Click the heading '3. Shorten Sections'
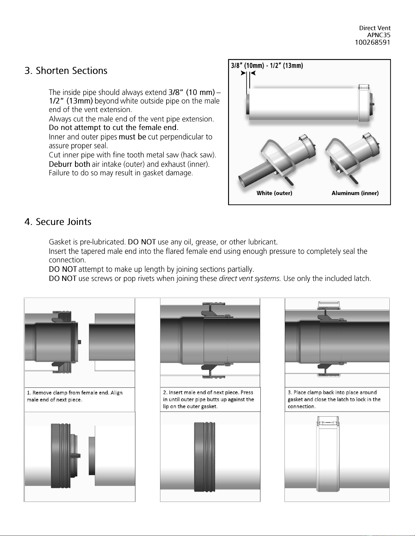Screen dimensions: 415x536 coord(66,71)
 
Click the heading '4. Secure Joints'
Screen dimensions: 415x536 coord(58,222)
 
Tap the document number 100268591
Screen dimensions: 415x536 coord(373,42)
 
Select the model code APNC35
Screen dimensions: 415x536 coord(379,35)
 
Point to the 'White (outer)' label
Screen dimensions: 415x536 coord(274,193)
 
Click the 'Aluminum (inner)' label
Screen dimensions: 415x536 coord(355,193)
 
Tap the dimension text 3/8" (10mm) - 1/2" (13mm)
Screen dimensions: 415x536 coord(267,65)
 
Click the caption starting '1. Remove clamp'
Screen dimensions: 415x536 coord(75,396)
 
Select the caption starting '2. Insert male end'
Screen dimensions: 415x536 coord(209,399)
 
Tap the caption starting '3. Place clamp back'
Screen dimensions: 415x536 coord(334,399)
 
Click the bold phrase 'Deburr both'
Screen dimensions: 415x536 coord(70,164)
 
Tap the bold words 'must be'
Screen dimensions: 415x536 coord(132,137)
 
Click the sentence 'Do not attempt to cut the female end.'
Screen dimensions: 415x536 coord(113,127)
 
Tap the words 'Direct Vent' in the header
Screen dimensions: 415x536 coord(375,28)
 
